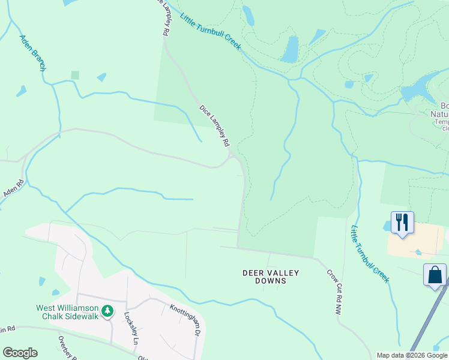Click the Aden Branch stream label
point(32,53)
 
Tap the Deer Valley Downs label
point(270,277)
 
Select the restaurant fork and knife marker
point(402,222)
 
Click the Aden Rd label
point(14,190)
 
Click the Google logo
point(20,353)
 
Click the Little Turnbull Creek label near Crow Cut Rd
point(370,254)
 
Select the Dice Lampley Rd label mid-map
point(214,126)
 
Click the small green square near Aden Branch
point(75,75)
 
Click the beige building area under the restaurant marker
point(415,240)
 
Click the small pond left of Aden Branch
point(22,91)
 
